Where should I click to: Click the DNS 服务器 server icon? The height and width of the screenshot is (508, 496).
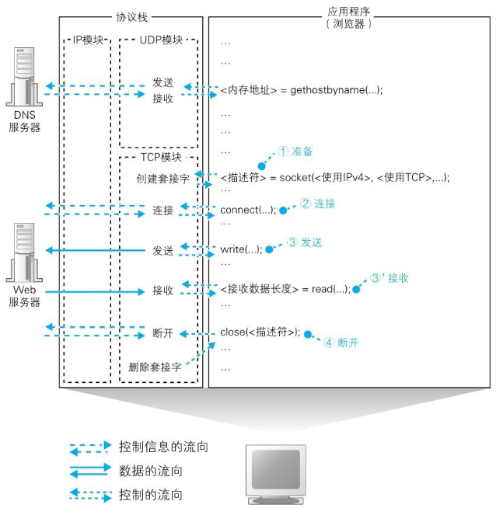(x=24, y=77)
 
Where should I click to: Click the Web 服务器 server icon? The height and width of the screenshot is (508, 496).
(x=24, y=252)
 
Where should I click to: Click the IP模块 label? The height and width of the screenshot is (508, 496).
(x=88, y=40)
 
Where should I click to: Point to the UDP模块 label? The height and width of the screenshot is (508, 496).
(x=159, y=40)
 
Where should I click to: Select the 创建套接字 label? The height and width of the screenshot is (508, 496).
(x=162, y=179)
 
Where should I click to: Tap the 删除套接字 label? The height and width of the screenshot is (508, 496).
(x=155, y=367)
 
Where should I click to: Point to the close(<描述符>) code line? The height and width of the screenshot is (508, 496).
(x=260, y=332)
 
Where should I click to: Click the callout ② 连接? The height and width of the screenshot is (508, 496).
(x=317, y=204)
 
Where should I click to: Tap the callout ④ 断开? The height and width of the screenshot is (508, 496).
(x=341, y=342)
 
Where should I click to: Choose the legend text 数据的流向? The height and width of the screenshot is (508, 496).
(x=151, y=471)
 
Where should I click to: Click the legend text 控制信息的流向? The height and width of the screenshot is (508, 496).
(x=163, y=447)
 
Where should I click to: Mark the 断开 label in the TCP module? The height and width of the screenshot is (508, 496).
(x=163, y=334)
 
